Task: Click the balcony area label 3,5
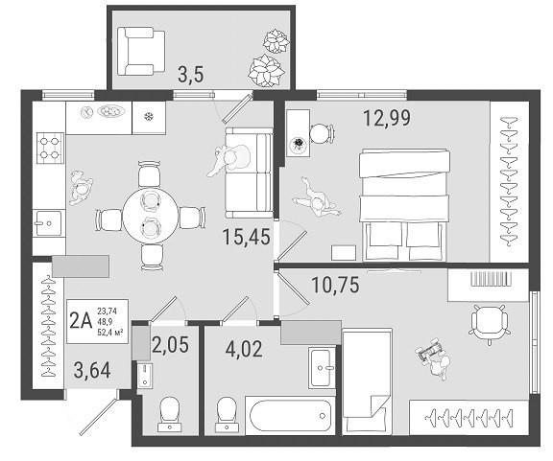tap(191, 75)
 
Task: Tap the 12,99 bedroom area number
tap(387, 118)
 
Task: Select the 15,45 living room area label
tap(247, 237)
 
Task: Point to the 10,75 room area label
tap(336, 285)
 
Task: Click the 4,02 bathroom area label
tap(244, 350)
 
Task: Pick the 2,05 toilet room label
tap(171, 345)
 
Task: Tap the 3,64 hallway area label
tap(92, 371)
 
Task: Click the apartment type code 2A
tap(81, 321)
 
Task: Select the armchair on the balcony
tap(141, 52)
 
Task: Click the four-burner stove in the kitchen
tap(50, 149)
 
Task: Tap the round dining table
tap(151, 216)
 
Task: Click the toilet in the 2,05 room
tap(170, 414)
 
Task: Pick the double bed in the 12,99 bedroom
tap(404, 205)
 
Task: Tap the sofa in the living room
tap(249, 173)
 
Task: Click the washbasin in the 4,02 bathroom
tap(322, 368)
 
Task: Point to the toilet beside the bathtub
tap(227, 414)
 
